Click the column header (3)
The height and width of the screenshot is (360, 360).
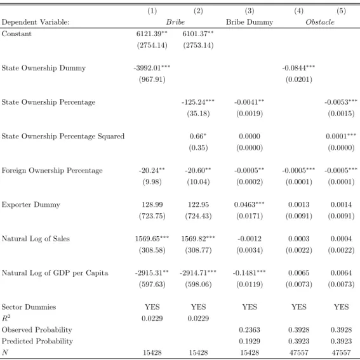[250, 11]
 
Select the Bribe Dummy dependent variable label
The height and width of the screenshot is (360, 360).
[250, 22]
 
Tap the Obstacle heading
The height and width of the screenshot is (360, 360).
[320, 22]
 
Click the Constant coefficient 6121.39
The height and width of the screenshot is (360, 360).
[152, 34]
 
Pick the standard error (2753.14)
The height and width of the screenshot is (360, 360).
[198, 45]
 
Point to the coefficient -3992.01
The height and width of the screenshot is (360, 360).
[152, 68]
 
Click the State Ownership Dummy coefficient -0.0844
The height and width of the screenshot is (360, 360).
[298, 68]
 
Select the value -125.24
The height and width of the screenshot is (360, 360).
[198, 102]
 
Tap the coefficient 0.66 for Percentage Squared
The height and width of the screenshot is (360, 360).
[198, 137]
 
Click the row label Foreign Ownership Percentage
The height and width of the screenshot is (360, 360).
[52, 171]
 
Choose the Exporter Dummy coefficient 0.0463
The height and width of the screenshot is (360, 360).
[249, 204]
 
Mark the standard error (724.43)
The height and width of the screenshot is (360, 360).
[198, 216]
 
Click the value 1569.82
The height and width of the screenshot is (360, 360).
[198, 239]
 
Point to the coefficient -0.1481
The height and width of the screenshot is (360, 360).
[249, 273]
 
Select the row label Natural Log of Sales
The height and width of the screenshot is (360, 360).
[36, 239]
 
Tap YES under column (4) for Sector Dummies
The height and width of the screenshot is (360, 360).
[299, 307]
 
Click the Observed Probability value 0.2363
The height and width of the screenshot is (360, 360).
[250, 330]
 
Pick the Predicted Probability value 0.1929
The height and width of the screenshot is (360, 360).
[250, 341]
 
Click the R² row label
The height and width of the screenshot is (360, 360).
[6, 318]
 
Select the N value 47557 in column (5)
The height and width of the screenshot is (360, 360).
[341, 352]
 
